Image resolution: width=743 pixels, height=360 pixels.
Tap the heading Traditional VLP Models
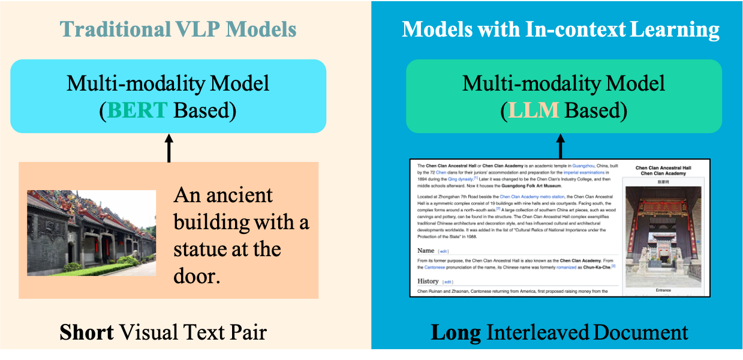click(x=178, y=30)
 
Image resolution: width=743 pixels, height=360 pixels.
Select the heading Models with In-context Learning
click(x=561, y=29)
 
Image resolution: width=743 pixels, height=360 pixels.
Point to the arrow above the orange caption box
click(x=169, y=148)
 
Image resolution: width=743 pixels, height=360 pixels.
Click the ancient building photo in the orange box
click(x=91, y=233)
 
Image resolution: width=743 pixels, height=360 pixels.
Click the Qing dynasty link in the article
click(x=461, y=179)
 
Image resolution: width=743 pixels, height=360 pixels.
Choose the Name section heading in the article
click(x=426, y=250)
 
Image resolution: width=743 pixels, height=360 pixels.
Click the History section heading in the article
click(x=429, y=281)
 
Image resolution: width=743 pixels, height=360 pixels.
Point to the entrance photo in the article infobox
click(x=663, y=236)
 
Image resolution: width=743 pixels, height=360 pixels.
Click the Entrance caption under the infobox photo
click(x=663, y=290)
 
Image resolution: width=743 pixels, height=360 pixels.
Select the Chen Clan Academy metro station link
click(x=531, y=196)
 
